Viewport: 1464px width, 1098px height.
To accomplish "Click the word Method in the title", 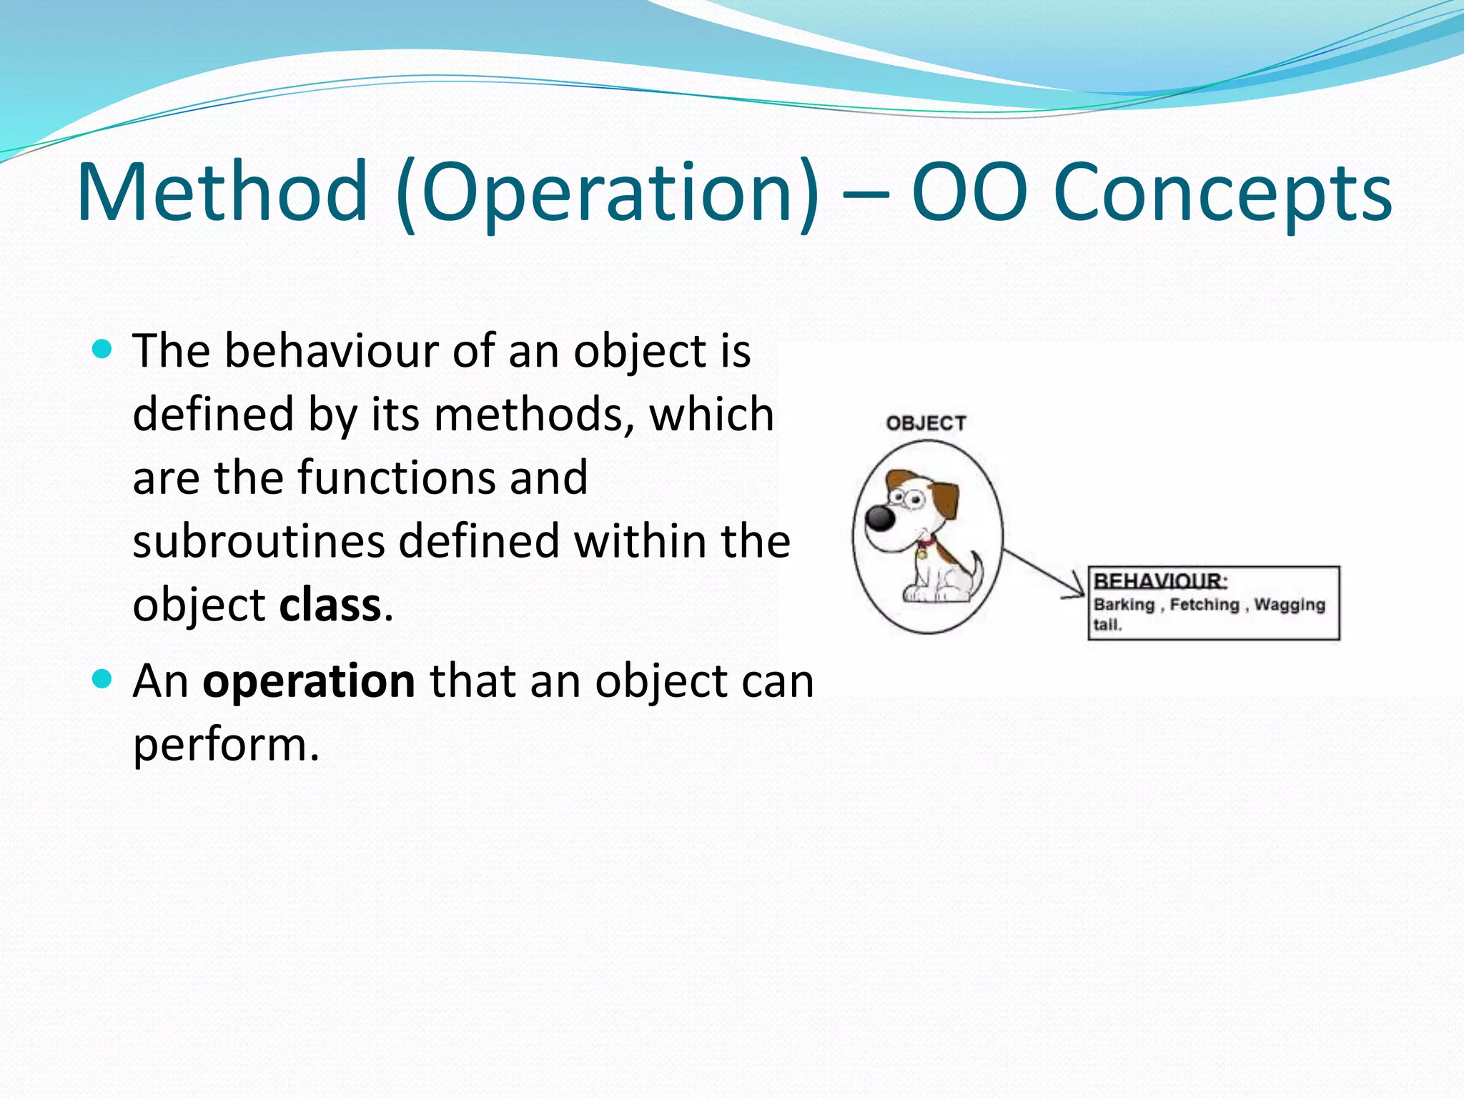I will pos(222,192).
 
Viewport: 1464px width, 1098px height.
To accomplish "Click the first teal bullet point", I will pos(103,350).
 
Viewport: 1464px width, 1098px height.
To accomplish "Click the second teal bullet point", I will pos(103,678).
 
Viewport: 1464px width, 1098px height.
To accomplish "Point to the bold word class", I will pos(330,605).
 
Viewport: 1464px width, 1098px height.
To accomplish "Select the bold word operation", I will pos(309,681).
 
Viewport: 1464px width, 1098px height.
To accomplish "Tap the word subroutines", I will pos(259,541).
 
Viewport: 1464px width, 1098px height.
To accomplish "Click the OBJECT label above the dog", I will pos(926,423).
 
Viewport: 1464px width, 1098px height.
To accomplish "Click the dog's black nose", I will pos(880,517).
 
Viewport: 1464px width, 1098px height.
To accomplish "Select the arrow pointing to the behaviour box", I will pos(1044,573).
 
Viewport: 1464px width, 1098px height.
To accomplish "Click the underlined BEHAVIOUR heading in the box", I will pos(1159,580).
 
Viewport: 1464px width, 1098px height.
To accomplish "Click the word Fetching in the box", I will pos(1205,605).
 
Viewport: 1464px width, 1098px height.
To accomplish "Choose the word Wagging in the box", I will pos(1290,605).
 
